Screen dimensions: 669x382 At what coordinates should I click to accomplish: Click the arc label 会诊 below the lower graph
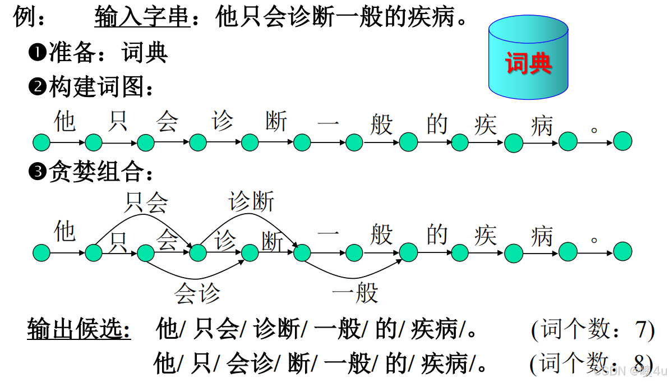point(197,293)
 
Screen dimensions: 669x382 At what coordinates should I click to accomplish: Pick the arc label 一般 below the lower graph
point(355,292)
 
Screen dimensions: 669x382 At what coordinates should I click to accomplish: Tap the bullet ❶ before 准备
point(37,53)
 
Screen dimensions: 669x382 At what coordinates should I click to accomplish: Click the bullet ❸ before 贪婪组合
point(37,172)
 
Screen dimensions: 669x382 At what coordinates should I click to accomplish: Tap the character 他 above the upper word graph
point(65,121)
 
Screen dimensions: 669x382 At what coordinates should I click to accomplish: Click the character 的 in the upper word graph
point(437,124)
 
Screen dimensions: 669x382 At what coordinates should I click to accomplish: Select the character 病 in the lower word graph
point(542,236)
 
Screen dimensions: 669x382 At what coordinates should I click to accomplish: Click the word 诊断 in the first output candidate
point(276,329)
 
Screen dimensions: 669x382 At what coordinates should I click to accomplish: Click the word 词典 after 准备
point(144,53)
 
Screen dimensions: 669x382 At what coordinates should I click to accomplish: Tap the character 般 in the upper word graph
point(381,124)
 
